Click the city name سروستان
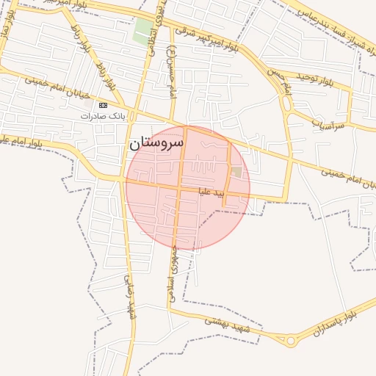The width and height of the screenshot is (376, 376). (156, 143)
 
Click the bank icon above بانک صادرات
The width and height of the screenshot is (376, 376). (103, 105)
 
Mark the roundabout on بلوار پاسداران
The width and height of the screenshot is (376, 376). (292, 340)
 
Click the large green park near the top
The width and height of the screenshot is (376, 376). (142, 32)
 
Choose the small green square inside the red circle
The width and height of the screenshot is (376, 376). (236, 172)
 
